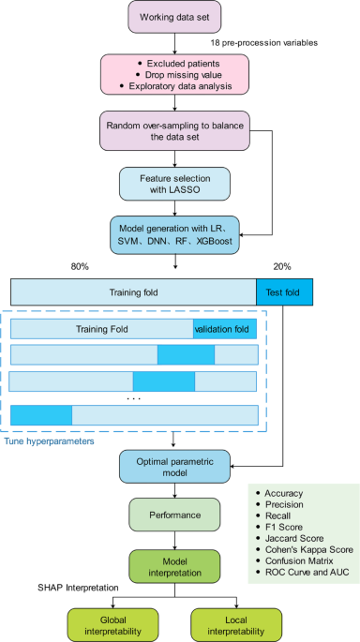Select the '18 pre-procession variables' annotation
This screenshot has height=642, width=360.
point(265,43)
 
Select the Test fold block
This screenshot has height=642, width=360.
point(284,291)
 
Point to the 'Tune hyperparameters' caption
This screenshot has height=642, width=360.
point(51,440)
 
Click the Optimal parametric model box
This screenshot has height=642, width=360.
point(174,467)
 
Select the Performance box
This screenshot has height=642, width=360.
point(174,515)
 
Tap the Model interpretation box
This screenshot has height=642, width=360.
point(174,564)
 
